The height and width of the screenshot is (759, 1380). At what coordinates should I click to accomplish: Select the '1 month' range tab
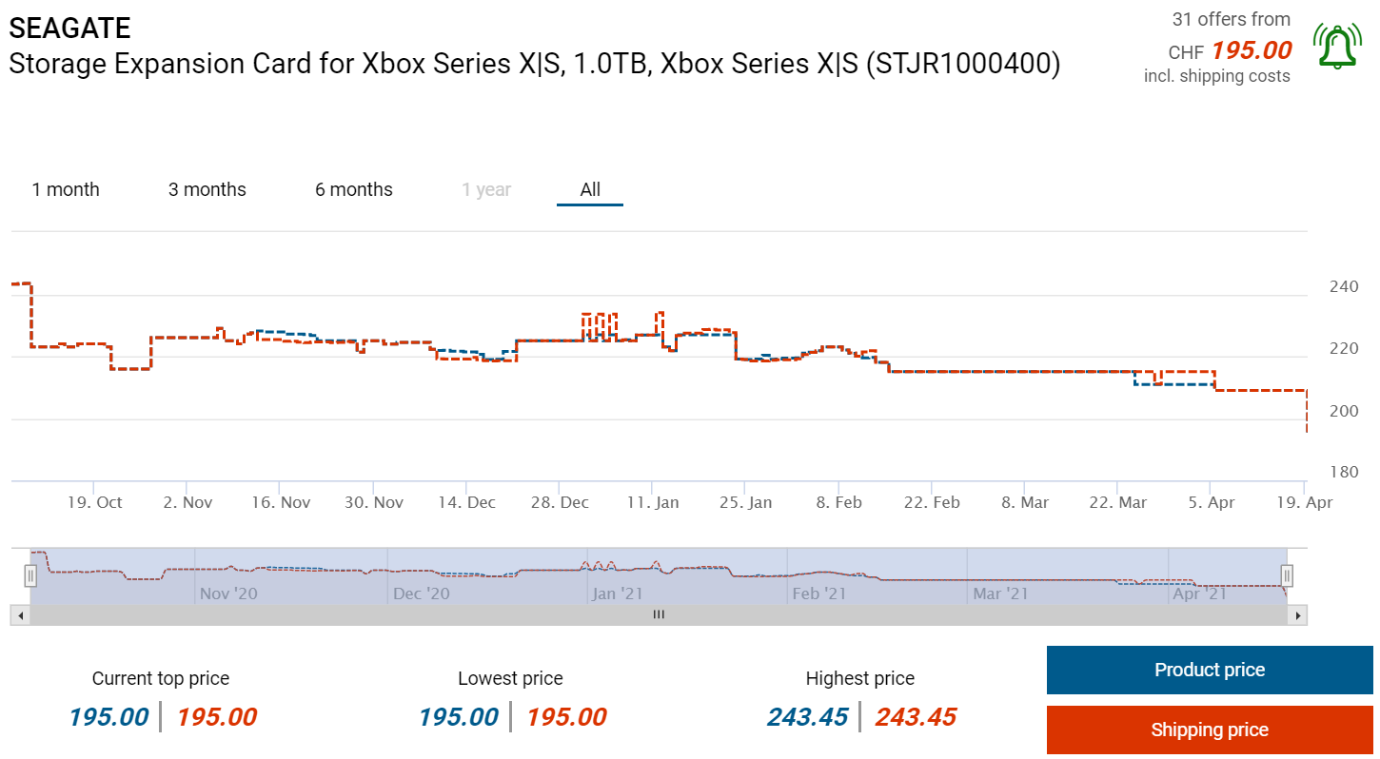tap(66, 189)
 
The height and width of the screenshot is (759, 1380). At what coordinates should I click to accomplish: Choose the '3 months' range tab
tap(207, 189)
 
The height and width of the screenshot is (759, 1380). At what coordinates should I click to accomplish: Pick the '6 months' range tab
tap(354, 189)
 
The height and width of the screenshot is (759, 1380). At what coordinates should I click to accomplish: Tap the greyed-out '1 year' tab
tap(486, 189)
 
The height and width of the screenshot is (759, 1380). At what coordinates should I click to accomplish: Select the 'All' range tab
tap(590, 189)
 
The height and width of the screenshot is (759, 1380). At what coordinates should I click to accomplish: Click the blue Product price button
tap(1209, 670)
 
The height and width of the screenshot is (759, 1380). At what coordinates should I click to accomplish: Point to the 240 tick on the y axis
tap(1343, 286)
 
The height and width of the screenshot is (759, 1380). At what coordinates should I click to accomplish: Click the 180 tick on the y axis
tap(1343, 473)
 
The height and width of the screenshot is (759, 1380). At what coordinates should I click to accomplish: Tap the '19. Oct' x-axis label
tap(94, 502)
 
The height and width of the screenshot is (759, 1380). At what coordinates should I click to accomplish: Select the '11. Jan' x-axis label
tap(652, 502)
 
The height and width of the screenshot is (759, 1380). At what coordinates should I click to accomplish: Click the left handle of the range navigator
tap(30, 575)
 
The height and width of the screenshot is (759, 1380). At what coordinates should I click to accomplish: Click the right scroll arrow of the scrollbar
tap(1298, 615)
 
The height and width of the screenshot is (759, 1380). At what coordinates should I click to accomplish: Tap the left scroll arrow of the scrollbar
tap(20, 615)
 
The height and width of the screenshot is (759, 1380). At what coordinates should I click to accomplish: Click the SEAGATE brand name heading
tap(70, 28)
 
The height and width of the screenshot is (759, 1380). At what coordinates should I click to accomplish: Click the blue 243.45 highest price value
tap(808, 717)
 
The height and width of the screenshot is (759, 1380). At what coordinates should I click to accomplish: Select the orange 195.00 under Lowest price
tap(566, 717)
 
